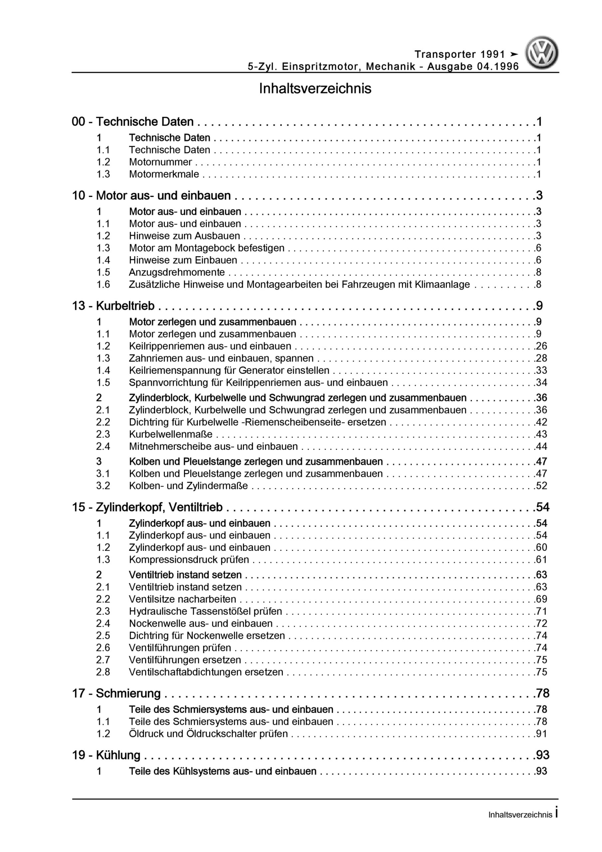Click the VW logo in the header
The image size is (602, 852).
[x=541, y=53]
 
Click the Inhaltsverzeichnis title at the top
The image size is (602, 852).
[x=315, y=89]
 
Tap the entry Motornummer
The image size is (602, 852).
[x=160, y=162]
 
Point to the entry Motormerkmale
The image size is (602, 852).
[x=164, y=174]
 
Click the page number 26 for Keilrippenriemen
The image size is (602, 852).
[x=541, y=346]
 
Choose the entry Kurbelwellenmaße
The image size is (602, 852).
[x=171, y=434]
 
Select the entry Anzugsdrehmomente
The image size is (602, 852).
[x=177, y=272]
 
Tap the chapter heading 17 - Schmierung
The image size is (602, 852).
[x=116, y=694]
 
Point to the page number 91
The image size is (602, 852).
[x=541, y=734]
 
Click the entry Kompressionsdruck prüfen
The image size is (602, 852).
[x=189, y=559]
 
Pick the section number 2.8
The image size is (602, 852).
[x=103, y=672]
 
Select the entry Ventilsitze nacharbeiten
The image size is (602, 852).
[x=182, y=599]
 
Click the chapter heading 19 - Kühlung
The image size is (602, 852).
[x=106, y=755]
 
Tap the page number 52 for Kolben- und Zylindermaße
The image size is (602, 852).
[x=541, y=486]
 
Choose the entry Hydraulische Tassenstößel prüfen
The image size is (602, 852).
[x=205, y=611]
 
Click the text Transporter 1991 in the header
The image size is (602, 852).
[x=460, y=55]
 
